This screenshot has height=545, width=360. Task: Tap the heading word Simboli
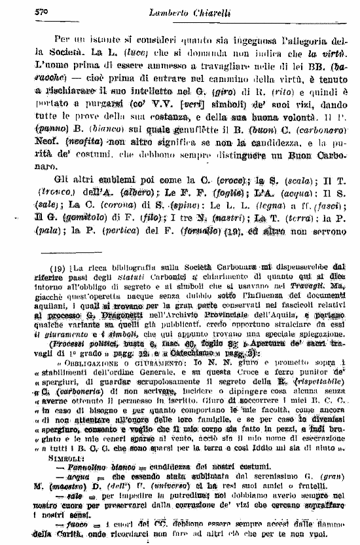tap(68, 440)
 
